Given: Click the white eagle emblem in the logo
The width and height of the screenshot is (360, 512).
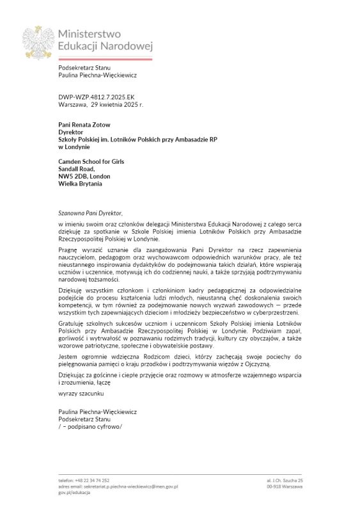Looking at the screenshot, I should [38, 42].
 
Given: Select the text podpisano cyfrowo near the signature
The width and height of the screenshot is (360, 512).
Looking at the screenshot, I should [90, 426].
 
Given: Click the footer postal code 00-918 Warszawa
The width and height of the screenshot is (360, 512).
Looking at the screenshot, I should [285, 486].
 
